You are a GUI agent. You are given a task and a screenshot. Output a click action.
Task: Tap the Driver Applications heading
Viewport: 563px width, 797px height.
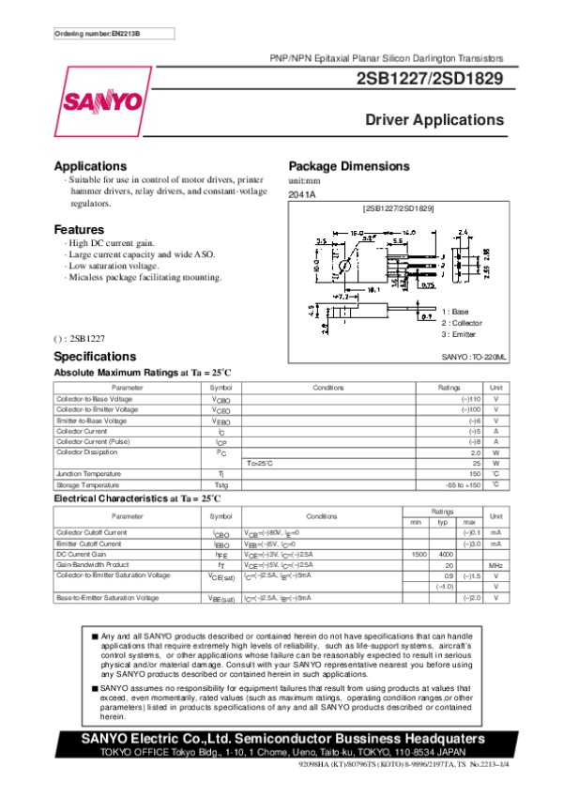pos(434,120)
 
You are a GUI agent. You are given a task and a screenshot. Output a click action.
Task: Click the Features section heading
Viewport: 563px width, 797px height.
pos(79,230)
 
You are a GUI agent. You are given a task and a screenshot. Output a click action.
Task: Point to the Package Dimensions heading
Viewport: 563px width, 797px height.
pos(349,165)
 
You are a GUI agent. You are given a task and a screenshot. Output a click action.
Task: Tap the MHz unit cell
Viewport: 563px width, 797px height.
pos(496,566)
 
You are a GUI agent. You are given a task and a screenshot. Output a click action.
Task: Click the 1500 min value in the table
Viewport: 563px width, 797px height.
pos(419,555)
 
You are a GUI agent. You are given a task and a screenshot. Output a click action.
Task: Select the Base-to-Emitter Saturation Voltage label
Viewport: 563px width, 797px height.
pos(107,597)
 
